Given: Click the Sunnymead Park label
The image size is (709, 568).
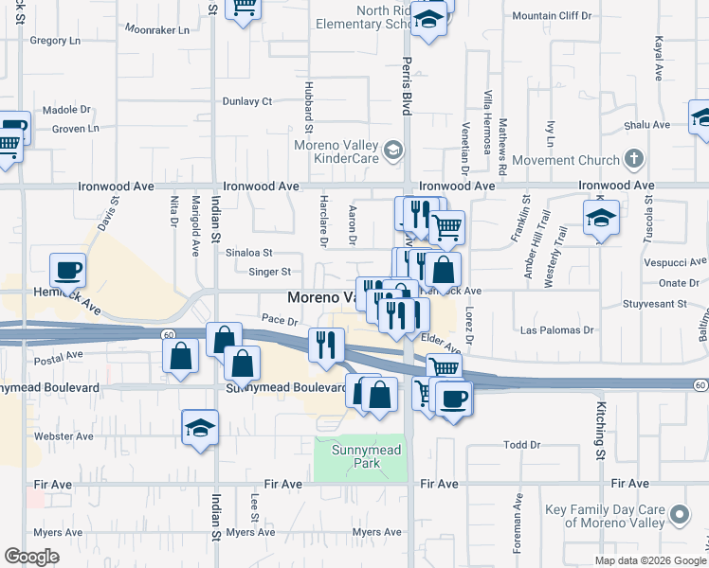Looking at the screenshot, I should pos(355,457).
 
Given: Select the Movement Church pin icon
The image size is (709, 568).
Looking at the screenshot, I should pos(634,158).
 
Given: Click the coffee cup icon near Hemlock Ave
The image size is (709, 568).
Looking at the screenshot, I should pos(68,271).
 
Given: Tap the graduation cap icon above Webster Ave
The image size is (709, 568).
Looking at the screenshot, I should pos(201,428).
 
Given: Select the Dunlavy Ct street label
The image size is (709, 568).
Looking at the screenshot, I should pos(246,101).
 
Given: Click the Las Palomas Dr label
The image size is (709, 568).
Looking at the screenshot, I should pos(557,330).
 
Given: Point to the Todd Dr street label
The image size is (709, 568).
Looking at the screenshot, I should pos(522,444).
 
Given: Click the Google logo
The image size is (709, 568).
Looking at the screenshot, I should pos(32,557).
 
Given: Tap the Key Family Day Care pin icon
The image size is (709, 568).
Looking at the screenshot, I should pos(679,515).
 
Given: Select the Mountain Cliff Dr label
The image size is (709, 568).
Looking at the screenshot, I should pos(551,16).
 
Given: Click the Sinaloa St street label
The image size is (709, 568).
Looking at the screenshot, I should pos(248,253).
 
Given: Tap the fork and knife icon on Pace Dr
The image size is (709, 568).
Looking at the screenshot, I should pos(326,345).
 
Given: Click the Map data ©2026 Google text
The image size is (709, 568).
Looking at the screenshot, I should pos(649,560).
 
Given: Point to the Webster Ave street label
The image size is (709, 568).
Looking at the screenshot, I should pos(64,436).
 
